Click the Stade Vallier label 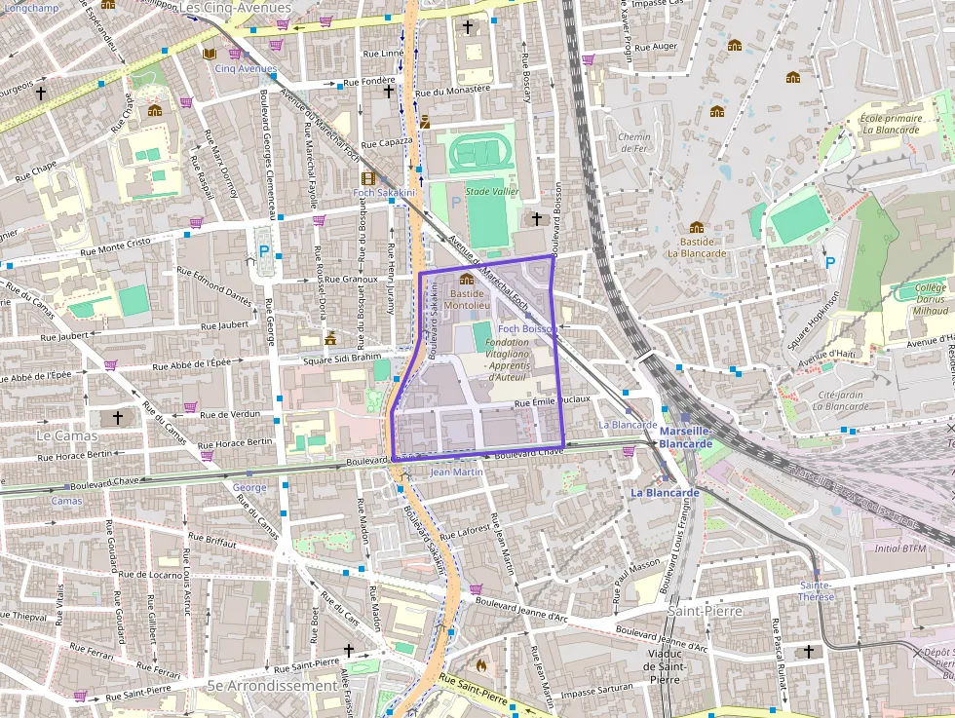coord(492,192)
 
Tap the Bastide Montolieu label coord(467,298)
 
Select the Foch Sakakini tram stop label coord(384,193)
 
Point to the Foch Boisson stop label coord(526,329)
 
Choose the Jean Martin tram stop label coord(456,472)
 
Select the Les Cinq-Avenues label coord(236,8)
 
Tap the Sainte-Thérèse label coord(816,590)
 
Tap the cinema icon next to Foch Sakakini coord(367,178)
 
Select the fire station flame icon coord(479,664)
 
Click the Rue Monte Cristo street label coord(118,243)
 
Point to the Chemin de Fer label coord(633,142)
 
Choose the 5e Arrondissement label coord(272,685)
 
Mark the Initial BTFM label coord(900,548)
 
